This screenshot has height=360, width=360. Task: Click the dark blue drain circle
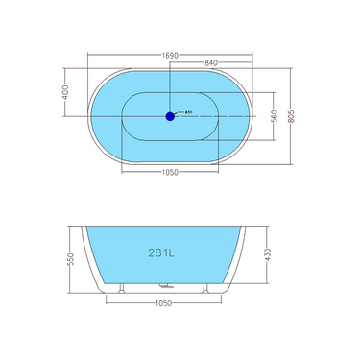click(170, 116)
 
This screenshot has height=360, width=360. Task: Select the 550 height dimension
click(69, 259)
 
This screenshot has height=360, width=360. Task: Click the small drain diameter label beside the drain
click(189, 112)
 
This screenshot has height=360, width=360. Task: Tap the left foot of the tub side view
click(121, 287)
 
